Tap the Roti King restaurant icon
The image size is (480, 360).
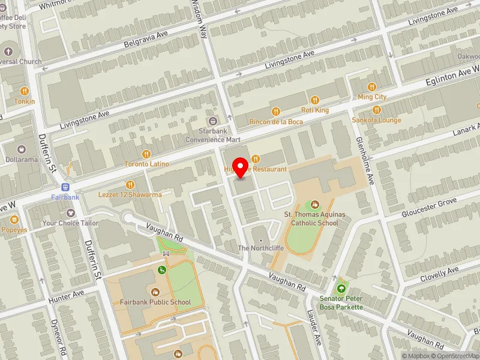coord(314,100)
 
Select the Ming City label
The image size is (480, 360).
coord(372,97)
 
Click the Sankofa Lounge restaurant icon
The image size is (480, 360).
coord(377,110)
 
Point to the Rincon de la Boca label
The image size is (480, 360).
coord(276,121)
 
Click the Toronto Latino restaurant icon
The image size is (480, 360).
coord(146,154)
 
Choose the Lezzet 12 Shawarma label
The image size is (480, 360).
coord(130,194)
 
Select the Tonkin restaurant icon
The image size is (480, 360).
coord(25,91)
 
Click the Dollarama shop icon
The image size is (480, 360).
coord(22,149)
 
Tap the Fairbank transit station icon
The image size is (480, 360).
coord(65,187)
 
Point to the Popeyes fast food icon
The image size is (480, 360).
coord(13,220)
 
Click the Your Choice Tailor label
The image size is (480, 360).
coord(70,223)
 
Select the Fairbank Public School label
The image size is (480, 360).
coord(155,302)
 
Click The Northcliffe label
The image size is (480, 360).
coord(260,248)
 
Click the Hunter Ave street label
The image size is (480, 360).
coord(67,295)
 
